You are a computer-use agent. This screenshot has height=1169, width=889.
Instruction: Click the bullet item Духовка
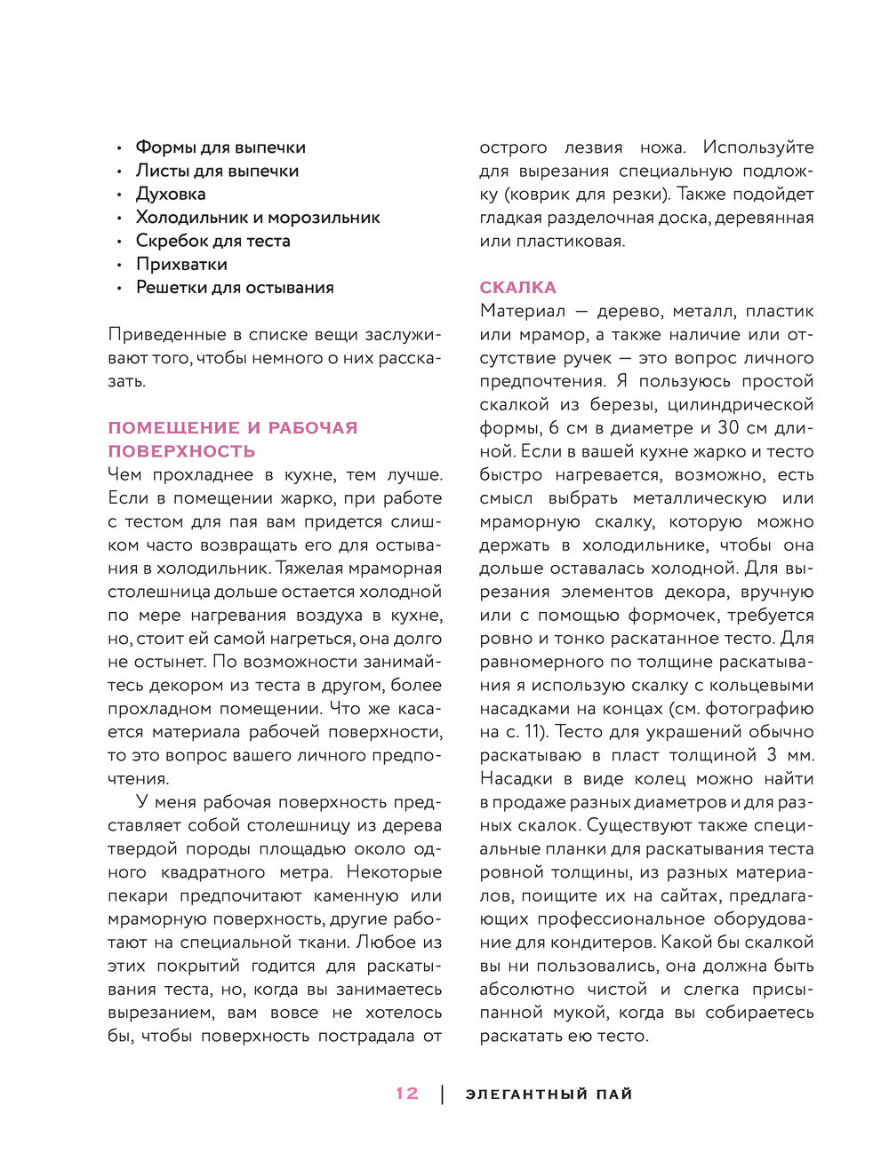coord(171,194)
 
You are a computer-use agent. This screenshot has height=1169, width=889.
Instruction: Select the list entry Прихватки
coord(181,264)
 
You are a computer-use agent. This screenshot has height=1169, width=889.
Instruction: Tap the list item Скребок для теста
coord(212,241)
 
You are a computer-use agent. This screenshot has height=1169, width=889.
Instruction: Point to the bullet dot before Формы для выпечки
coord(119,148)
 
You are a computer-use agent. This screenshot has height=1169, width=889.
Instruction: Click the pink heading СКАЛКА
coord(517,287)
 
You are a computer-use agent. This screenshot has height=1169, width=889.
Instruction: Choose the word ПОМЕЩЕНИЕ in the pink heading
coord(174,427)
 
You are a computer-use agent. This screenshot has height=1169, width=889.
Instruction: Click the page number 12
coord(407,1093)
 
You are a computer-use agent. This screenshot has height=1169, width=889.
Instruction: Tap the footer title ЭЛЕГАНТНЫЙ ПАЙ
coord(549,1094)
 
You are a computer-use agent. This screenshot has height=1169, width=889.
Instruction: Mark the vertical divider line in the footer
coord(443,1094)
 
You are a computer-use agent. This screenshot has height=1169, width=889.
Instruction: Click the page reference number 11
coord(538,732)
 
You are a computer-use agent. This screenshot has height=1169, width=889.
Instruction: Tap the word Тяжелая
coord(313,568)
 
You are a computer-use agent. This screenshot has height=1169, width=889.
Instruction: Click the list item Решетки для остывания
coord(235,287)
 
